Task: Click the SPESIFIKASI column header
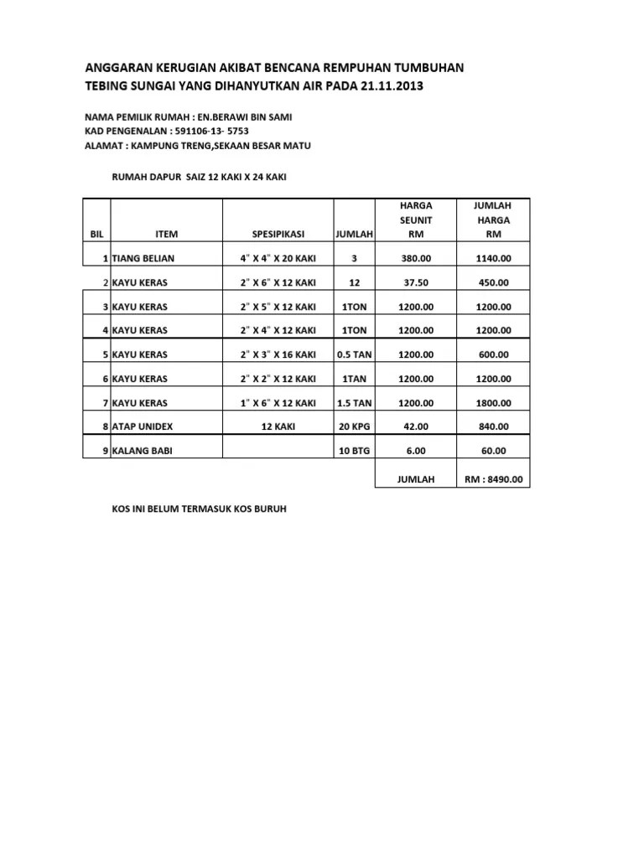point(278,234)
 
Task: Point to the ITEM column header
point(167,234)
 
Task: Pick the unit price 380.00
point(415,258)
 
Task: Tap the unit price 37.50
point(415,282)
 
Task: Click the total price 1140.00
point(493,258)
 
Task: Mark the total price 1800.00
point(493,403)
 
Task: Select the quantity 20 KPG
point(354,426)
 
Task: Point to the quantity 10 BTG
point(354,451)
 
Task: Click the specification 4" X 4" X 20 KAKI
point(278,258)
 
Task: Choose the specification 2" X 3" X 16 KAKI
point(278,354)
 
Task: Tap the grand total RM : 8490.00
point(493,479)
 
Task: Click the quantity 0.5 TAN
point(354,354)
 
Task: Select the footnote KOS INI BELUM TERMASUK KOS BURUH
point(200,509)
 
